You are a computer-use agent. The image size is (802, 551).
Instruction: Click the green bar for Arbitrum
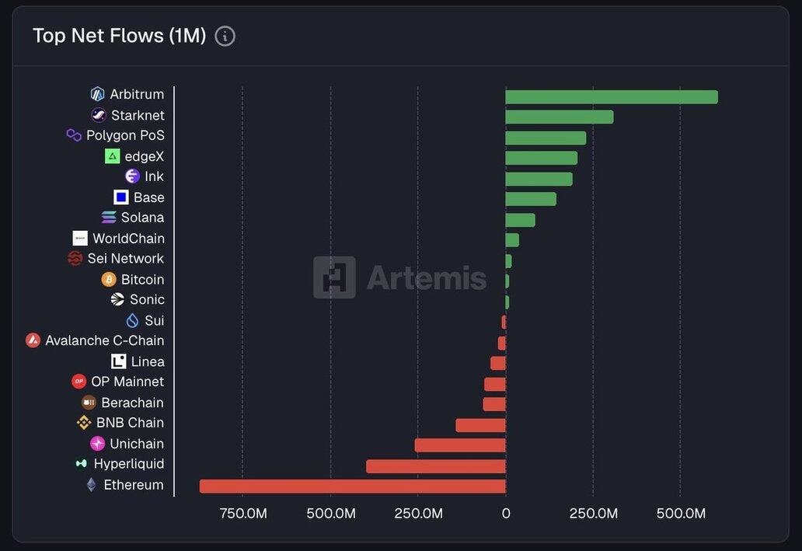tap(611, 97)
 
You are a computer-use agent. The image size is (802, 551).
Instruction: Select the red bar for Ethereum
tap(352, 486)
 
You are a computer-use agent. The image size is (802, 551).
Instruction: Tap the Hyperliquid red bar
tap(435, 466)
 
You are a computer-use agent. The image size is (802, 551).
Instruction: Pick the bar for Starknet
tap(559, 117)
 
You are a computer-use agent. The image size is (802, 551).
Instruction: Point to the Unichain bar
tap(459, 445)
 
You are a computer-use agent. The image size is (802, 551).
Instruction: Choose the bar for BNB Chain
tap(480, 425)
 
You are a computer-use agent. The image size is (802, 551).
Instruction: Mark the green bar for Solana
tap(520, 220)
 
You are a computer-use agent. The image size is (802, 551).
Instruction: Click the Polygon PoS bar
tap(546, 138)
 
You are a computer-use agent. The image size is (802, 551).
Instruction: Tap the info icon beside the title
tap(225, 36)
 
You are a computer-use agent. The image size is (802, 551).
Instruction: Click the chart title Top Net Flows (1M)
tap(119, 36)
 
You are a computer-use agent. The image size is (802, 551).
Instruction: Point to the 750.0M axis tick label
tap(243, 514)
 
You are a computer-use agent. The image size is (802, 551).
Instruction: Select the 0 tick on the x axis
tap(506, 514)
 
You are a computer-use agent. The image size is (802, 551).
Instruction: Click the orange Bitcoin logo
tap(109, 279)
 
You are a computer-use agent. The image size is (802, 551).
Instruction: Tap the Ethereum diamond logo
tap(92, 485)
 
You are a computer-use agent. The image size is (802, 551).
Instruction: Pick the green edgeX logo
tap(113, 156)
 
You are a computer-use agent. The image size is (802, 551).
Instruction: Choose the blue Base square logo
tap(120, 197)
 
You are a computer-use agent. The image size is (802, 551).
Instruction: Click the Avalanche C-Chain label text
tap(104, 340)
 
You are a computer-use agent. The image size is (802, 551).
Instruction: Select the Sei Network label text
tap(125, 259)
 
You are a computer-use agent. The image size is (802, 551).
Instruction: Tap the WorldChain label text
tap(128, 239)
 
